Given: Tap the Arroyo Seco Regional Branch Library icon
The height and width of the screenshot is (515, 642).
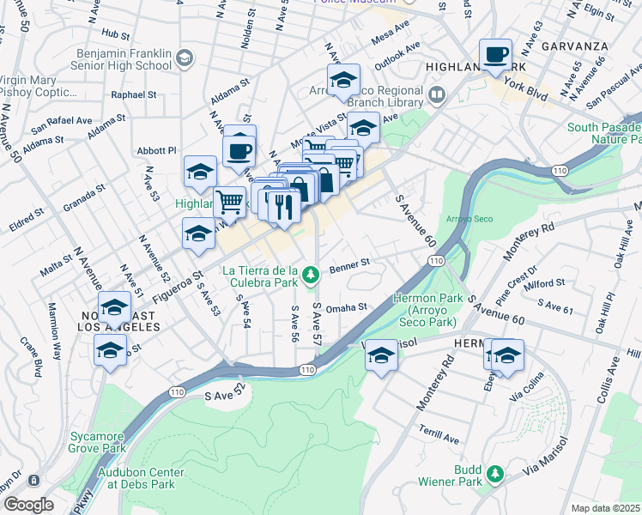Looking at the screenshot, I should [x=438, y=94].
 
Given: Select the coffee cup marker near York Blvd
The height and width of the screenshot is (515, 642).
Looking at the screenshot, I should [x=495, y=56].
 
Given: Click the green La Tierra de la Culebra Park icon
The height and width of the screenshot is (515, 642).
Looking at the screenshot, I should [x=313, y=275].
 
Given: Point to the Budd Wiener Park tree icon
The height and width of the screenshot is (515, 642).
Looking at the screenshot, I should [x=494, y=473].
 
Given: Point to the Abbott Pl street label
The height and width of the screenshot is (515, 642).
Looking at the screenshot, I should [x=156, y=150].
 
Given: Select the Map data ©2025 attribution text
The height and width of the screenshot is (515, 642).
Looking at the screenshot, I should [x=606, y=508].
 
